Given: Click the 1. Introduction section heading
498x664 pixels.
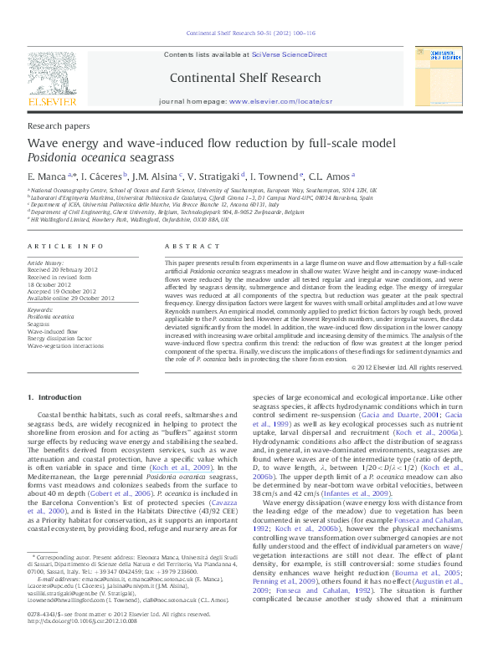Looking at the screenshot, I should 54,396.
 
